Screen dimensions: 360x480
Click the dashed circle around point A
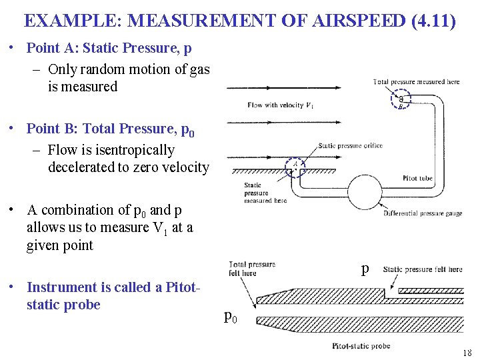click(x=295, y=166)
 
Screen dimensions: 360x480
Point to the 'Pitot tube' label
click(x=419, y=178)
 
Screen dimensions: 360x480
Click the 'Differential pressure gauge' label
click(x=423, y=214)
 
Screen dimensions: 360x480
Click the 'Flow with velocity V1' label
click(x=280, y=105)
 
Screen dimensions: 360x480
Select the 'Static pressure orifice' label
click(x=350, y=146)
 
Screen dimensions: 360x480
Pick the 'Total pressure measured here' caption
click(x=417, y=82)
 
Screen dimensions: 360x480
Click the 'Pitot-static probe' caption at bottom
click(x=361, y=346)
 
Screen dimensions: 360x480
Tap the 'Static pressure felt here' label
click(x=422, y=269)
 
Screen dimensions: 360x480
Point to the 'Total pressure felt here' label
click(x=252, y=269)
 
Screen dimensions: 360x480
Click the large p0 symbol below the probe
click(x=230, y=317)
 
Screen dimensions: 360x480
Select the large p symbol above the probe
click(x=365, y=269)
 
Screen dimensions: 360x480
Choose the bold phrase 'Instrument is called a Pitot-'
click(x=114, y=287)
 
